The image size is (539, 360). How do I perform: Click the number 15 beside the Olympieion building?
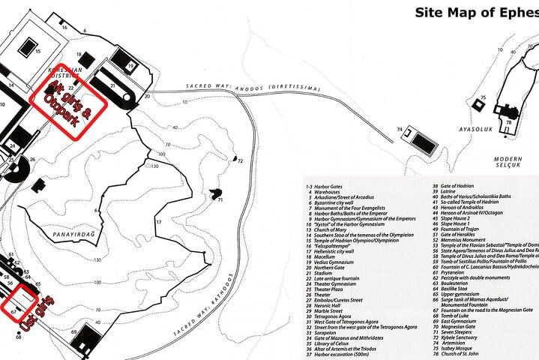click(37, 52)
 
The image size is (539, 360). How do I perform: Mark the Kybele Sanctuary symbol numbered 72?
click(236, 160)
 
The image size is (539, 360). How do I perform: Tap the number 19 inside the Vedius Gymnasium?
click(130, 67)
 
